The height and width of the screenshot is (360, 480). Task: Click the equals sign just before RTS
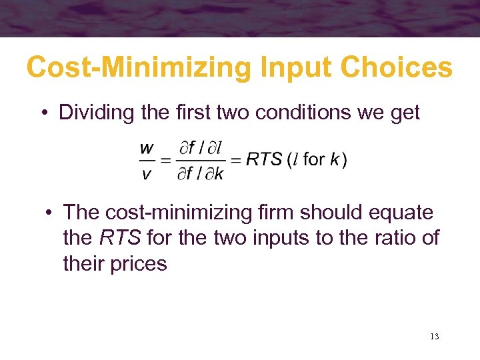[x=235, y=159]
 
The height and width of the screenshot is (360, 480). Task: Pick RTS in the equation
[x=262, y=159]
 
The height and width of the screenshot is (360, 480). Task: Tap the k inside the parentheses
[x=335, y=159]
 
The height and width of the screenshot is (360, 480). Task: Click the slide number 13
[x=434, y=337]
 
